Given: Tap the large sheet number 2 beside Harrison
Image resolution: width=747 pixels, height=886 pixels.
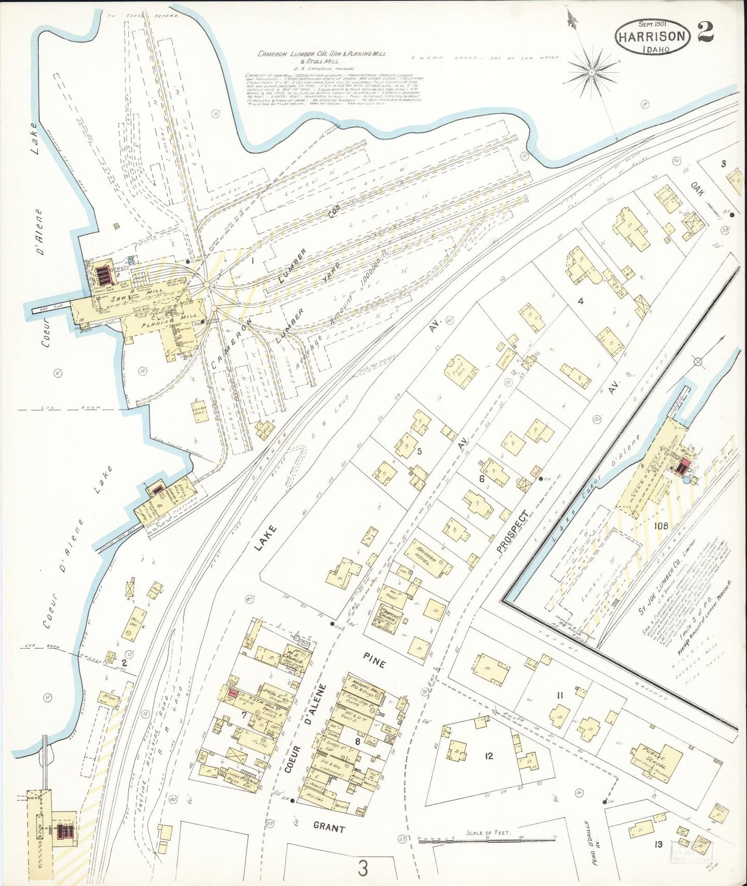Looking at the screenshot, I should (x=705, y=32).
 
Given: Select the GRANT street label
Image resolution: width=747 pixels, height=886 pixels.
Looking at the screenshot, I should (x=329, y=828).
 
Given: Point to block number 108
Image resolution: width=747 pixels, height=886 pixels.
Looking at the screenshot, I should (x=661, y=526).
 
